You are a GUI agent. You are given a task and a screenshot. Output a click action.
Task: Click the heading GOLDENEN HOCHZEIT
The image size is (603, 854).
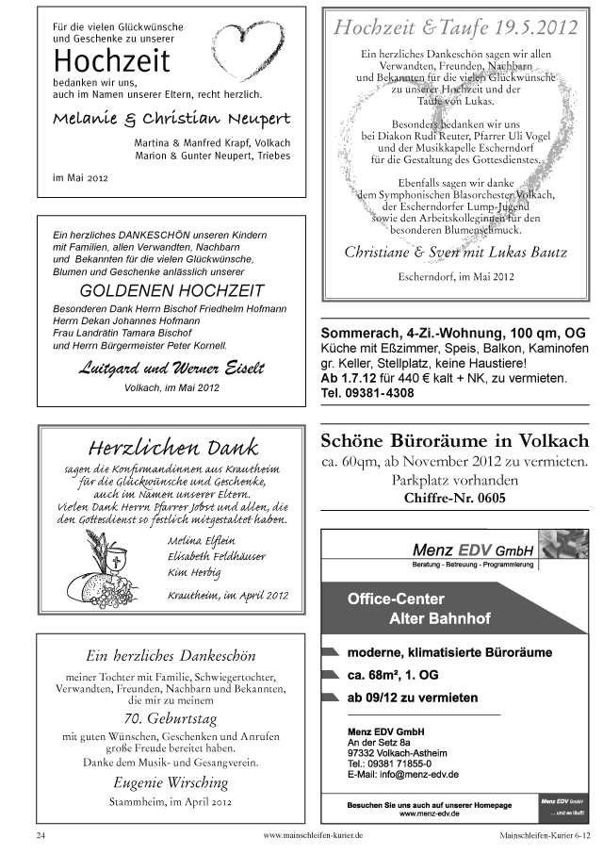click(x=171, y=290)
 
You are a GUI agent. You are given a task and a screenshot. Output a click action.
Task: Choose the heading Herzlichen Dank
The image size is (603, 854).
click(x=171, y=446)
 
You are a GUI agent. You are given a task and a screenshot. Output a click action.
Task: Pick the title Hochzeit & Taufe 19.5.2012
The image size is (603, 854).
click(x=455, y=29)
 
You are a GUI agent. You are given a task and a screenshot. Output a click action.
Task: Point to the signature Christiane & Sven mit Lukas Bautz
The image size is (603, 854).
click(x=455, y=252)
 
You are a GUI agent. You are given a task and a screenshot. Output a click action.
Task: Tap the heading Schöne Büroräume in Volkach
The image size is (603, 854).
click(x=455, y=440)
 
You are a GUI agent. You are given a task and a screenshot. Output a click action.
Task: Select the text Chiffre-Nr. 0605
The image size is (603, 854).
click(x=454, y=498)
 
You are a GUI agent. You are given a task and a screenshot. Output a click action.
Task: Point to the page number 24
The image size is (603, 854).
click(x=41, y=835)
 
